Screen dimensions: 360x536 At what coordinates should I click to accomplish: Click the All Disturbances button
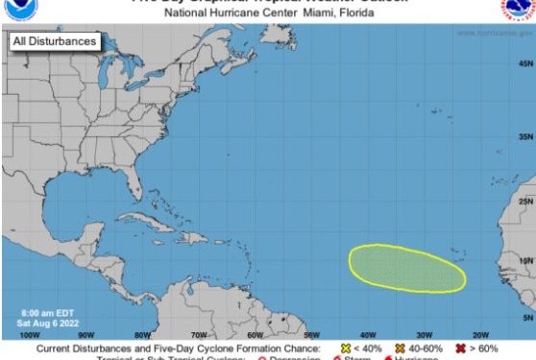point(54,42)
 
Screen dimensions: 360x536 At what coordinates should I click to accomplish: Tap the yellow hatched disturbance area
point(406,268)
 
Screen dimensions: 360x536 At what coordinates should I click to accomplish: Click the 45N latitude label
point(525,62)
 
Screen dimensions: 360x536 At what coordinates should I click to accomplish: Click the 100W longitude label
point(29,335)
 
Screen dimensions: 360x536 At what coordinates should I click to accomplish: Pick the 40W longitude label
point(368,335)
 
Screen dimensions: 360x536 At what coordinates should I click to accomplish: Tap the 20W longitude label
point(480,335)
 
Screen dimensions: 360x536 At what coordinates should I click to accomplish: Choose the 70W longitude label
point(199,335)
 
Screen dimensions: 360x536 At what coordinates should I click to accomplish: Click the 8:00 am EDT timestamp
point(48,313)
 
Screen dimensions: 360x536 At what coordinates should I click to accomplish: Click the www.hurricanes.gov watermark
point(494,33)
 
